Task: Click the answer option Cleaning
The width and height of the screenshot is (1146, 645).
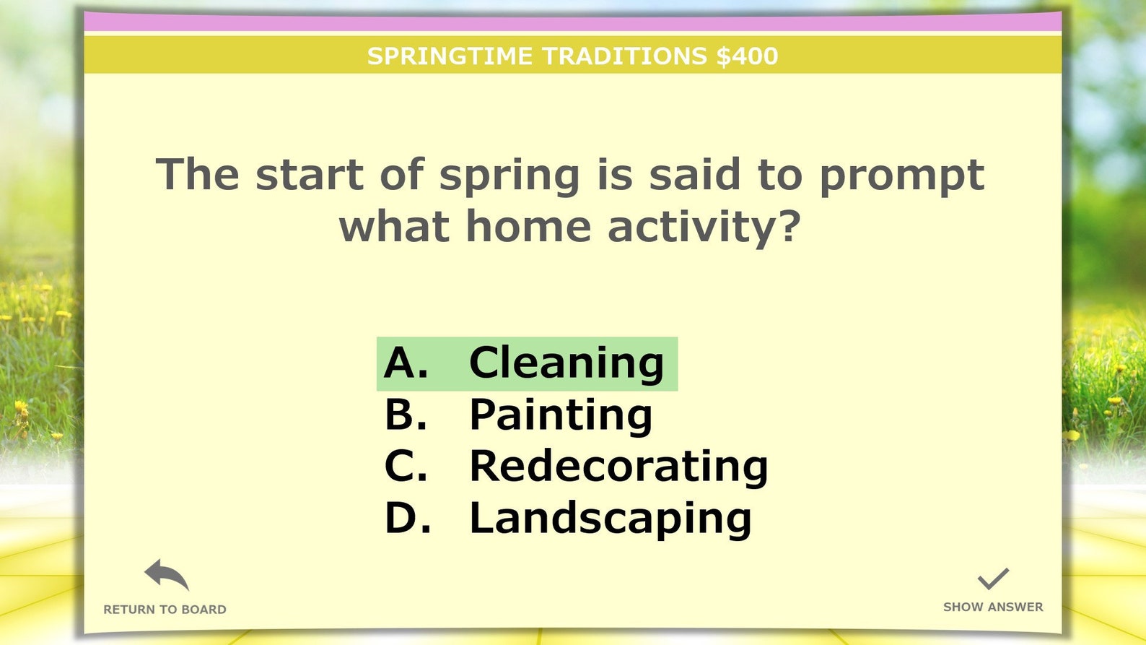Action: (566, 363)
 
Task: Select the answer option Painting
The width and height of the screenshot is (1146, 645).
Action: (561, 415)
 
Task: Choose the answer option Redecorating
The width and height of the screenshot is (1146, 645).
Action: (618, 467)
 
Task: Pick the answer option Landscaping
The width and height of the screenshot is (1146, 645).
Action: (611, 519)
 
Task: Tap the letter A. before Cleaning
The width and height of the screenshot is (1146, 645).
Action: (406, 363)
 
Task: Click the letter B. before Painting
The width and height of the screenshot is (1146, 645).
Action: (406, 415)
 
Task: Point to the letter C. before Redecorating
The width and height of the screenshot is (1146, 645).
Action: (406, 467)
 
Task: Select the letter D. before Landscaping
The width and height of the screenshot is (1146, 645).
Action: (408, 519)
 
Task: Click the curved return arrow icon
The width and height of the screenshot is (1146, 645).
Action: (166, 575)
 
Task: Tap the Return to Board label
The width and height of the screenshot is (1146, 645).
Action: (165, 610)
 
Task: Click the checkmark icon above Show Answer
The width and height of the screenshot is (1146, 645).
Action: (993, 579)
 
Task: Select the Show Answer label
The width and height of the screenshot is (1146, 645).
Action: (993, 607)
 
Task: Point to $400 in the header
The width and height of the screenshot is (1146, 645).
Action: (747, 56)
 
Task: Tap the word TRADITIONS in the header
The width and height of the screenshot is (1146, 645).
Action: (624, 56)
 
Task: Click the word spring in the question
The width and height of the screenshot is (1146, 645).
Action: (509, 176)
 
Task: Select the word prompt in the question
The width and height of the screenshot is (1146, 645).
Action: (901, 176)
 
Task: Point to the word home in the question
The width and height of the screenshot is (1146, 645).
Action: (528, 227)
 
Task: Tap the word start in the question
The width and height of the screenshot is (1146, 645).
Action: (310, 175)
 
